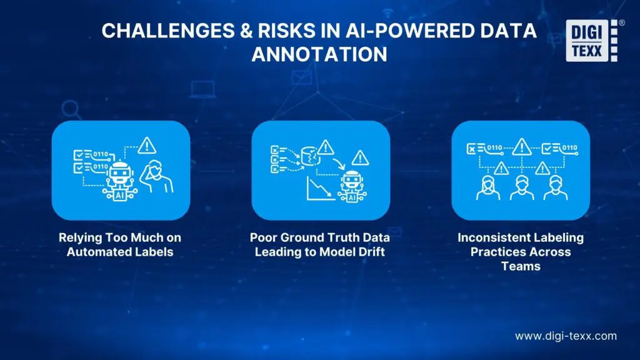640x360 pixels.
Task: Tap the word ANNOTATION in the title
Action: pyautogui.click(x=319, y=54)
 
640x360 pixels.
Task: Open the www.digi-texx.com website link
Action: pyautogui.click(x=566, y=336)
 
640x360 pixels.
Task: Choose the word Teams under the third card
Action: pyautogui.click(x=521, y=266)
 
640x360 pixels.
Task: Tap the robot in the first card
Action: pyautogui.click(x=119, y=177)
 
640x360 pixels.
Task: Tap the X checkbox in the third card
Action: pyautogui.click(x=472, y=148)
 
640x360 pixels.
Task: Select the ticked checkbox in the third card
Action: pyautogui.click(x=547, y=148)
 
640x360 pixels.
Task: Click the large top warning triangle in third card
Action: pyautogui.click(x=521, y=147)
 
